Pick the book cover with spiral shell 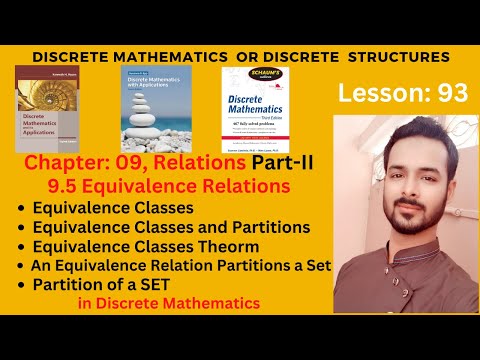tap(52, 110)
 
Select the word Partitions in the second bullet tap(270, 227)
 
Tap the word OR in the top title tap(240, 57)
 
